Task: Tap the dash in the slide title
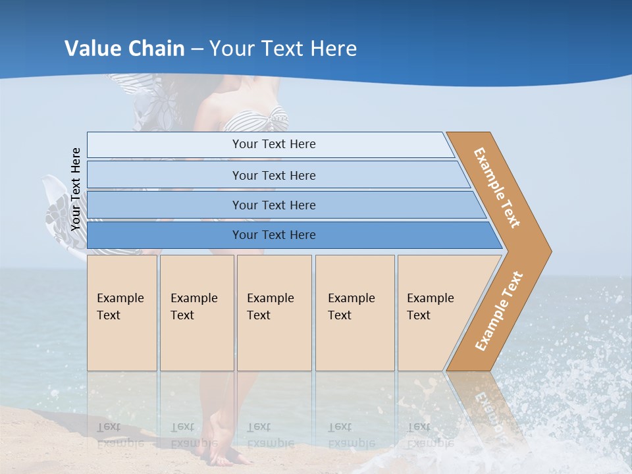pyautogui.click(x=197, y=49)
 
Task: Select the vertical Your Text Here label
pyautogui.click(x=76, y=190)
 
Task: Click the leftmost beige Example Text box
pyautogui.click(x=122, y=313)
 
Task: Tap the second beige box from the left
pyautogui.click(x=197, y=313)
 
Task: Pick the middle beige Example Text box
pyautogui.click(x=274, y=313)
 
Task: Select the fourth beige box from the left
pyautogui.click(x=355, y=313)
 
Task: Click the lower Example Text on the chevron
pyautogui.click(x=499, y=311)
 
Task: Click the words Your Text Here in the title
pyautogui.click(x=283, y=49)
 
